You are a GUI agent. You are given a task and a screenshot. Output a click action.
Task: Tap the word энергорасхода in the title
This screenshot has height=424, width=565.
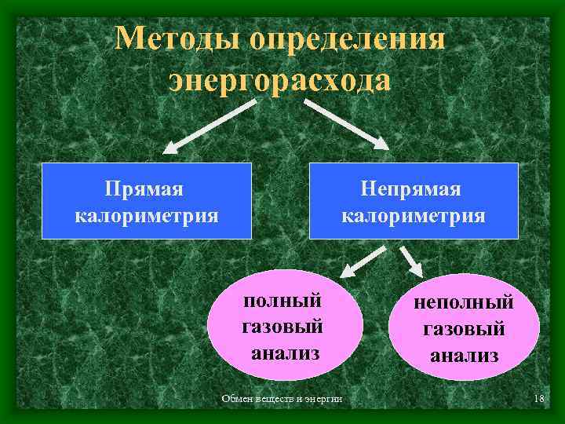pyautogui.click(x=279, y=80)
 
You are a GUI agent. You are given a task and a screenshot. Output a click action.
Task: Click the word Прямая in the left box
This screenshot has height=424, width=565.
pyautogui.click(x=145, y=188)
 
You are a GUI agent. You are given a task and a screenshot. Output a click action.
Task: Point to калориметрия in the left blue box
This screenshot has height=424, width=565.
pyautogui.click(x=146, y=214)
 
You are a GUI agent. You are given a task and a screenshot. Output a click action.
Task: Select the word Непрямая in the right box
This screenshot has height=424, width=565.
pyautogui.click(x=412, y=188)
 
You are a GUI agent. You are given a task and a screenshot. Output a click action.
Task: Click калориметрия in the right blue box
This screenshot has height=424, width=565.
pyautogui.click(x=414, y=214)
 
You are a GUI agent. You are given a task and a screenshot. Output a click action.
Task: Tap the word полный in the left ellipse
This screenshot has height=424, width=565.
pyautogui.click(x=283, y=301)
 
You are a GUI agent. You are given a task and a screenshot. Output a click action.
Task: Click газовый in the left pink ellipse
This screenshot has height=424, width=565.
pyautogui.click(x=283, y=327)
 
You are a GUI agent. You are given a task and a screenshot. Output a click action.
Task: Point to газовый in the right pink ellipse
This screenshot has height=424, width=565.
pyautogui.click(x=464, y=329)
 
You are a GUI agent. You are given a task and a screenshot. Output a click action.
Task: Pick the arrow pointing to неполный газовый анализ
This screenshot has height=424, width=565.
pyautogui.click(x=410, y=260)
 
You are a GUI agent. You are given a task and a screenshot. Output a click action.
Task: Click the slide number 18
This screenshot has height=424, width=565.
pyautogui.click(x=538, y=400)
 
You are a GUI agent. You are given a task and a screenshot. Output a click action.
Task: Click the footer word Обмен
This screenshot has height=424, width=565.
pyautogui.click(x=237, y=400)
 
